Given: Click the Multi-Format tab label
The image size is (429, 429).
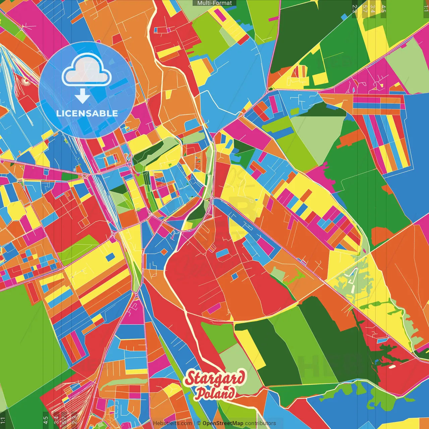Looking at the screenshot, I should tap(214, 3).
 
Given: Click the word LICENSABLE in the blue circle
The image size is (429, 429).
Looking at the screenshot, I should tap(87, 113).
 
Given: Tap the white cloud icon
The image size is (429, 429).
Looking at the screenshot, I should tap(86, 70).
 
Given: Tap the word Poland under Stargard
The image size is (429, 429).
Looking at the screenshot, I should tap(215, 393).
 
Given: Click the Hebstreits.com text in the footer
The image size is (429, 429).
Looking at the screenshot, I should tap(173, 423).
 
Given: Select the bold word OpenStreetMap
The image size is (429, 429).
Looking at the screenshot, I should tap(223, 423).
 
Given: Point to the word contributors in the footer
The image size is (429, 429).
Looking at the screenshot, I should tap(260, 423).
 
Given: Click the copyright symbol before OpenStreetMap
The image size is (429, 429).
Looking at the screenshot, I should tap(199, 423).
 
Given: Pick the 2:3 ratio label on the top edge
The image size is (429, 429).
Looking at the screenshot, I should tap(355, 9).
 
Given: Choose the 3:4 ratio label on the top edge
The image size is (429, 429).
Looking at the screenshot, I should tap(373, 9).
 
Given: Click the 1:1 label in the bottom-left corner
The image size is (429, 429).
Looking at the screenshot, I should tap(3, 420).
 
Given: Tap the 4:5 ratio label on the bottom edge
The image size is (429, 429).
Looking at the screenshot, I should tap(46, 420).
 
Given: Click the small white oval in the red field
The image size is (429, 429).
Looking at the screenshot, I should tap(391, 367).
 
